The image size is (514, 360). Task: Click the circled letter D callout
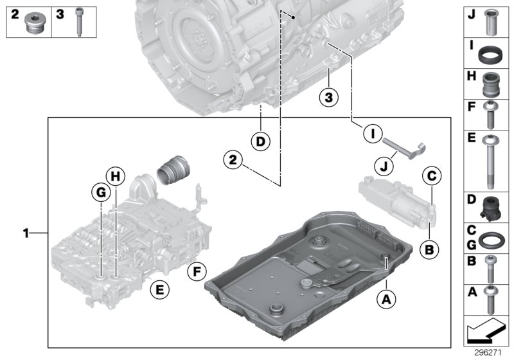click(x=261, y=141)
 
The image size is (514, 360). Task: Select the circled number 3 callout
click(x=328, y=98)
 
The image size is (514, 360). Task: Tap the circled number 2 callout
click(x=233, y=157)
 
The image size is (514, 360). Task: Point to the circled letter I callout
click(x=370, y=134)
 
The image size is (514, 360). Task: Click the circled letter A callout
click(x=385, y=298)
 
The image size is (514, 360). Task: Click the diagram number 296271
click(x=487, y=353)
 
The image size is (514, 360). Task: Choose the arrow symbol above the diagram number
click(x=485, y=332)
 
